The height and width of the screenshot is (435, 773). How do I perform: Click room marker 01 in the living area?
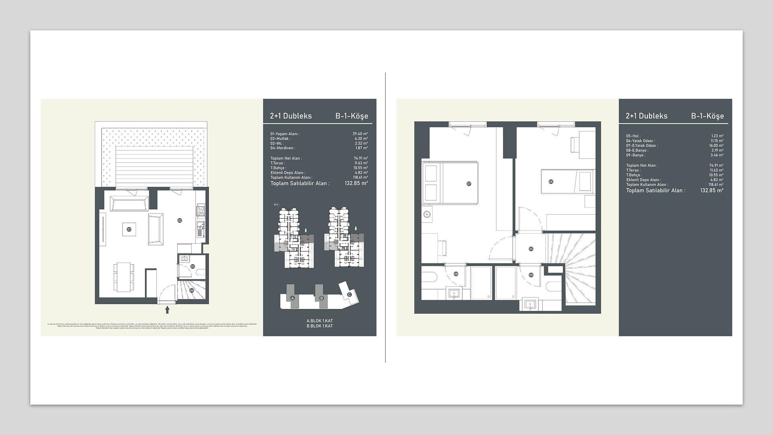coord(129,230)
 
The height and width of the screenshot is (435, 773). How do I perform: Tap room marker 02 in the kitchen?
coord(180,220)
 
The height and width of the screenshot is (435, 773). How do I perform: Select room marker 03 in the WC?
coord(193,266)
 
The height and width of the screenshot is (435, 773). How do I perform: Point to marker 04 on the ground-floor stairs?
coord(192,290)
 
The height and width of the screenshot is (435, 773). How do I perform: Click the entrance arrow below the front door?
coord(167,310)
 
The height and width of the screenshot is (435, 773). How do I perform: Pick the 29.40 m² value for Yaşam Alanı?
coord(360,134)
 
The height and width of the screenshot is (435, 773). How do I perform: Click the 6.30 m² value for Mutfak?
coord(361,139)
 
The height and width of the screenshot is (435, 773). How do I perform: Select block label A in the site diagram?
coord(293,298)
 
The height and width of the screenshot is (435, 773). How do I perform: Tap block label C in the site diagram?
coord(349,294)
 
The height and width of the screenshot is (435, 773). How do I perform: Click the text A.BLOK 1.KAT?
coord(320,321)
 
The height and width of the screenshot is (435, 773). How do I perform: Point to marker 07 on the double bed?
coord(469,184)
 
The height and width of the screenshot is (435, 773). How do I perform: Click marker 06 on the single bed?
coord(551,182)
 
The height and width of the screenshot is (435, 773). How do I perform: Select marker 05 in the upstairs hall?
coord(531,249)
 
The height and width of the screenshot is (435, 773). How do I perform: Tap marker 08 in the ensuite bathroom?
coord(456,274)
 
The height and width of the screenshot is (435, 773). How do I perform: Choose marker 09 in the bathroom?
coord(531,275)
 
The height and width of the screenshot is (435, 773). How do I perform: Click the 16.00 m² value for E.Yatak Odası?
coord(716,146)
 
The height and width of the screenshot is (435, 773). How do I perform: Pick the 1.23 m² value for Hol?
coord(717,136)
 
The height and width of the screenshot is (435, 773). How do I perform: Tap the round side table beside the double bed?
coord(427,214)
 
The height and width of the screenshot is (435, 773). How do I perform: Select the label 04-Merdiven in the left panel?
coord(283,148)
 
